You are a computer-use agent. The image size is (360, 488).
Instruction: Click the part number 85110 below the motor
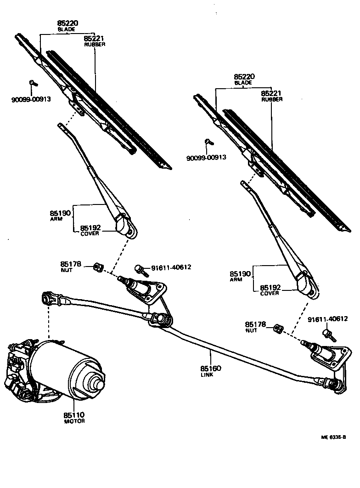(x=74, y=415)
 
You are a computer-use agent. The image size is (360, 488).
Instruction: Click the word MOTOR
(x=74, y=421)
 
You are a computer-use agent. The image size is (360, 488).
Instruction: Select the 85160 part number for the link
(x=211, y=369)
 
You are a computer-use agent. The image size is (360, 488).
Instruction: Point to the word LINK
(x=207, y=375)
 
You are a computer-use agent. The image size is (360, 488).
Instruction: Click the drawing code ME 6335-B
(x=334, y=437)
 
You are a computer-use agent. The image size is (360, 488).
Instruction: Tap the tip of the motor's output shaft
(x=97, y=382)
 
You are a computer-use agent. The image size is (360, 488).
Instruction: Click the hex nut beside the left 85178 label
(x=97, y=267)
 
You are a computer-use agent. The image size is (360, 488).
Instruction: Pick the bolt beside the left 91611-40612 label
(x=140, y=270)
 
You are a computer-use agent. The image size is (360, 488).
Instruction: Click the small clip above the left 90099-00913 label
(x=33, y=83)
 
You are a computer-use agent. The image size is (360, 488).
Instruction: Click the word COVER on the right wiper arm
(x=269, y=294)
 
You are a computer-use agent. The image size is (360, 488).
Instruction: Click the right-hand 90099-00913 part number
(x=206, y=158)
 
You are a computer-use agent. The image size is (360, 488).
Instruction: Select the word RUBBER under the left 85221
(x=95, y=45)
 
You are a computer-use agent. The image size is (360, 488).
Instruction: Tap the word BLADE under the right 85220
(x=243, y=83)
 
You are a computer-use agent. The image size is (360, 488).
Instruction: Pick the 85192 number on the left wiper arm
(x=90, y=227)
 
